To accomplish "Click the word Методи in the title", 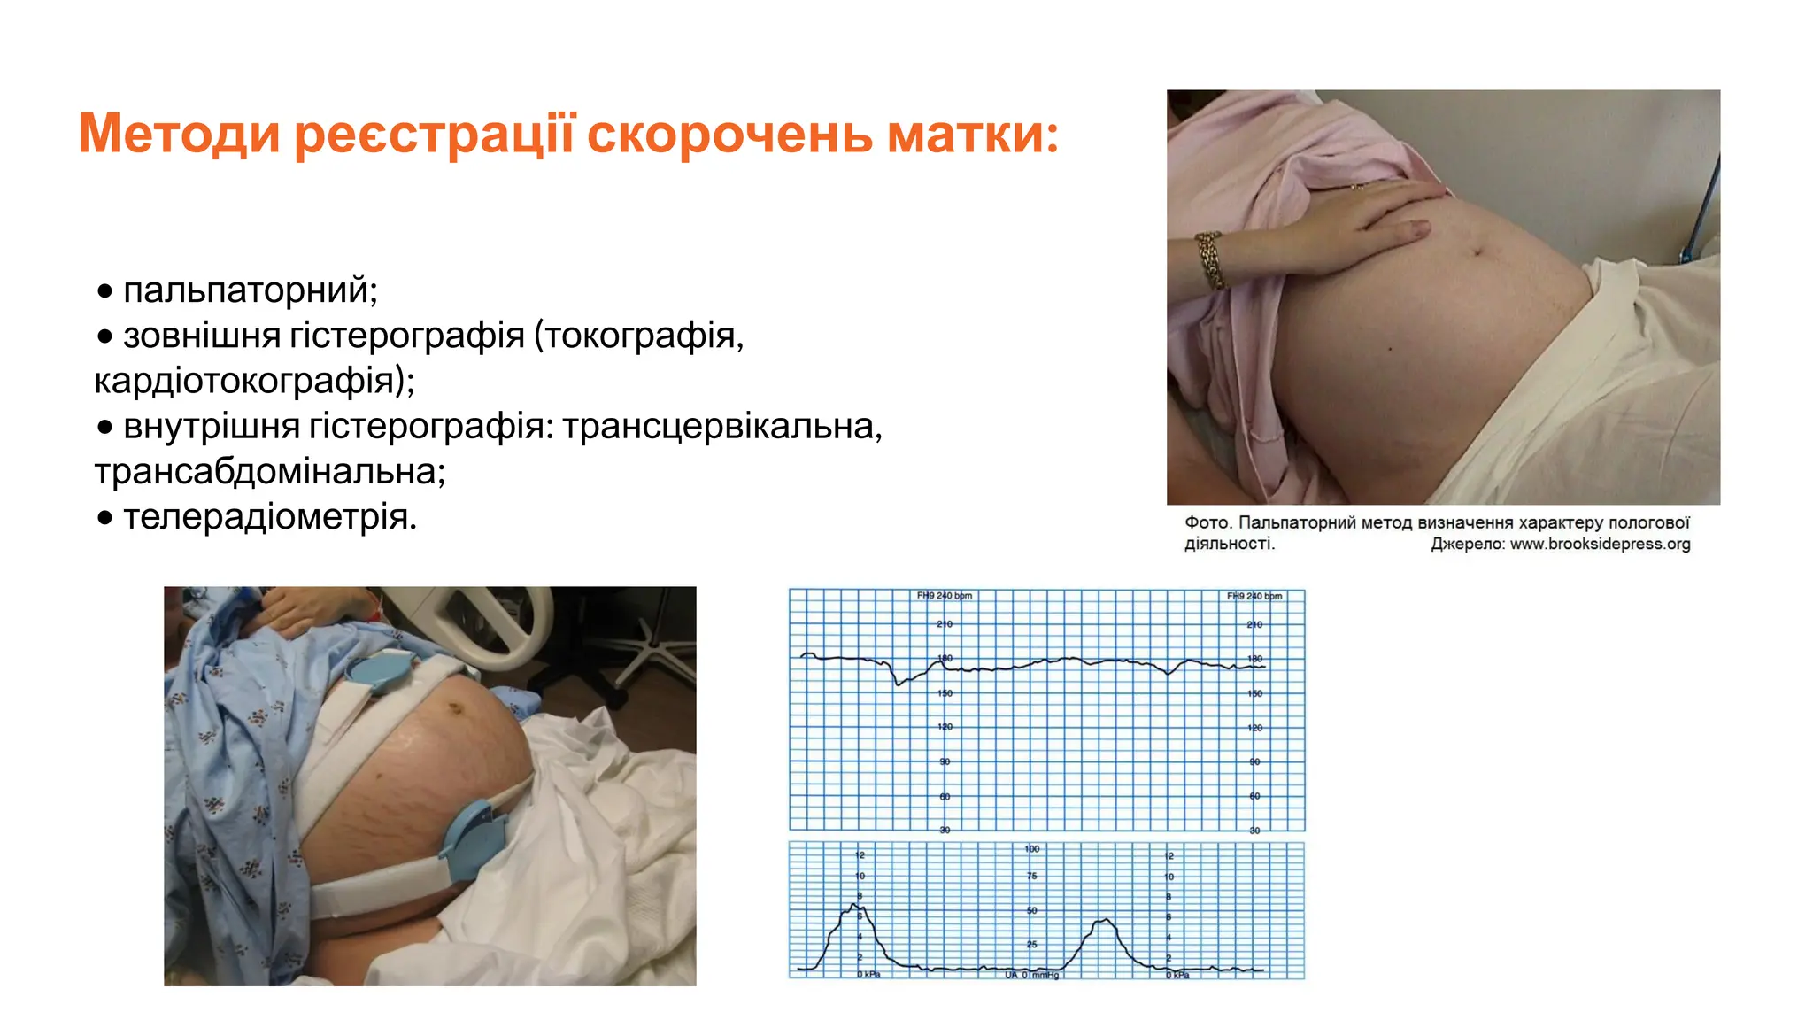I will (180, 134).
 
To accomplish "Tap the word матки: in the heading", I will (973, 134).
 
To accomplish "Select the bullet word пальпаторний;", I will (251, 290).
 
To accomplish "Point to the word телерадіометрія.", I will (269, 517).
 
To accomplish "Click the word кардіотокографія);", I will (255, 381).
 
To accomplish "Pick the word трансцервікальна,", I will (722, 427).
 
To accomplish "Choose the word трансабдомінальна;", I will (270, 472).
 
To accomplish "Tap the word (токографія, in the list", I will (638, 336).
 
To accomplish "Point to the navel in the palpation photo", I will (1477, 251).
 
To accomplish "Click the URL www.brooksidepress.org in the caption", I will (1600, 544).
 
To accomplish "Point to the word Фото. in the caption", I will (1207, 522).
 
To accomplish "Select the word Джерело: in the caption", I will (1468, 544).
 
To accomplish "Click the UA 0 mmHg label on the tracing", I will (1032, 975).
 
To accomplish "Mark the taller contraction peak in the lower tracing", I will (854, 905).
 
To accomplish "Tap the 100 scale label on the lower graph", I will (1032, 849).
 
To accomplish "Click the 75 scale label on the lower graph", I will (1032, 876).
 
